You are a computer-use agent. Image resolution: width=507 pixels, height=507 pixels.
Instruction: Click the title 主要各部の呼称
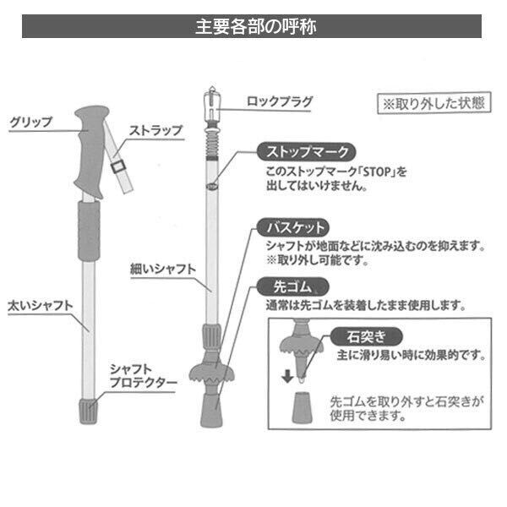point(254,25)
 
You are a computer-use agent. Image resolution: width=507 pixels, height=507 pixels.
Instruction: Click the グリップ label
point(30,122)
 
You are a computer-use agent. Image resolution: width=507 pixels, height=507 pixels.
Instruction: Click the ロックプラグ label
point(278,102)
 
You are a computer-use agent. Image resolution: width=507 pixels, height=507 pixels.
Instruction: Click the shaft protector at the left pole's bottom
point(84,412)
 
